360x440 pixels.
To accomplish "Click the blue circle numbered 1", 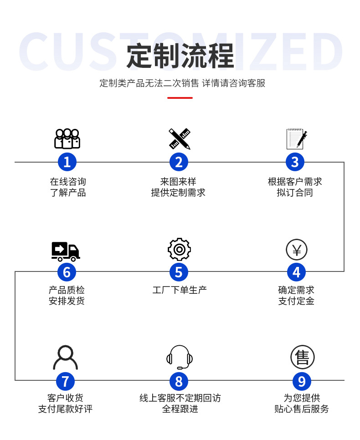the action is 67,162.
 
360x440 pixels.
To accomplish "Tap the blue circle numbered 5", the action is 179,272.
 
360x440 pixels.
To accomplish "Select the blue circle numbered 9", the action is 301,381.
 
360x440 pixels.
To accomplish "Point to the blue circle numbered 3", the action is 295,162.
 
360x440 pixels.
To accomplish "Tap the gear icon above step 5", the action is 179,249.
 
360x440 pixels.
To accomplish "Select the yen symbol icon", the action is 297,250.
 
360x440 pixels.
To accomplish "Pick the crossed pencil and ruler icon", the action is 179,138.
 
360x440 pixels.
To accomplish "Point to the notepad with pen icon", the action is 296,139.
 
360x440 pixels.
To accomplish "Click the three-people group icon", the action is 67,139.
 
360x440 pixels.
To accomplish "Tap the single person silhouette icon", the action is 66,358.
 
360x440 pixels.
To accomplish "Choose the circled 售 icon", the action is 303,357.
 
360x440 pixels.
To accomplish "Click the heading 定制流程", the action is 180,56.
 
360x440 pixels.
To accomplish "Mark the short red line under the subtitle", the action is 180,97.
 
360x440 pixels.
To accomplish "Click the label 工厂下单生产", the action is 179,290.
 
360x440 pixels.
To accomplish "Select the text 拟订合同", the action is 295,193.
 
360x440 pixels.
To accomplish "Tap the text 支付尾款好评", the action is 65,409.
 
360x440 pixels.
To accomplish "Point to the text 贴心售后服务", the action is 301,409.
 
